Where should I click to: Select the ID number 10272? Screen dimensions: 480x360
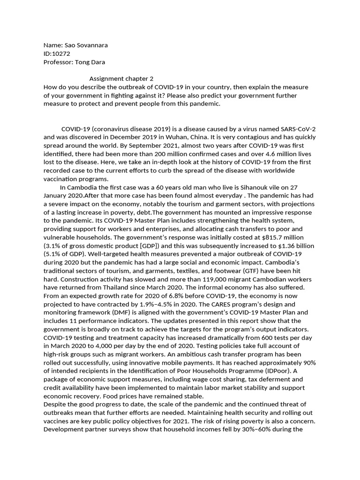[61, 54]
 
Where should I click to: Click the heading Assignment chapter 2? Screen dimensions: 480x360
[121, 79]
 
